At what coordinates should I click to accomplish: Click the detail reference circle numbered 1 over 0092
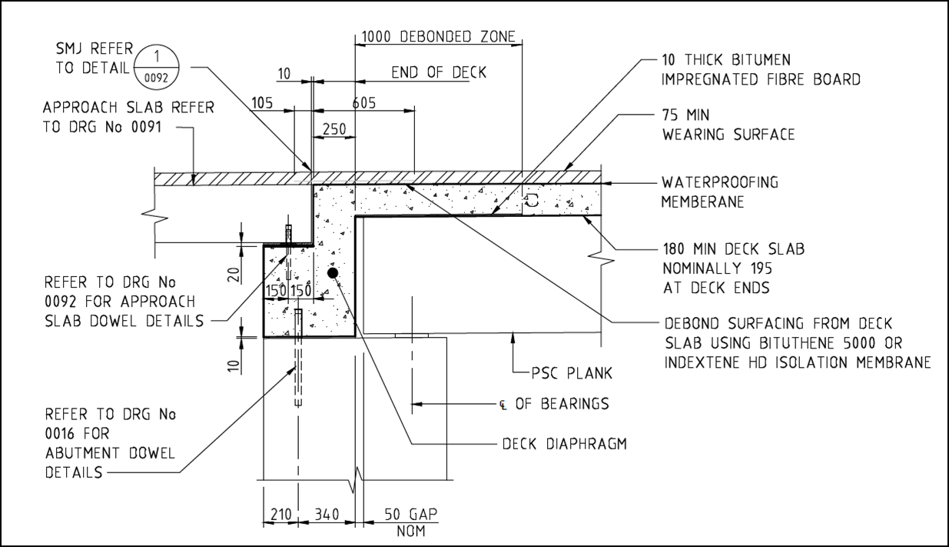[156, 67]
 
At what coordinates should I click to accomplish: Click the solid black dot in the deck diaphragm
[332, 273]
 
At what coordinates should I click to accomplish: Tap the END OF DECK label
[439, 72]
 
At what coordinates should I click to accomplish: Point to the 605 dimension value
[364, 104]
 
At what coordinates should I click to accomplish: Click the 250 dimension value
[333, 129]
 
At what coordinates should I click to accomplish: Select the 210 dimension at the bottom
[280, 514]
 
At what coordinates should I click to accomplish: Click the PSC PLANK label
[572, 373]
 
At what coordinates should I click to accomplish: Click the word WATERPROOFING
[720, 182]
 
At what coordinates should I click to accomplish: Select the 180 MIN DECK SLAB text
[733, 248]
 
